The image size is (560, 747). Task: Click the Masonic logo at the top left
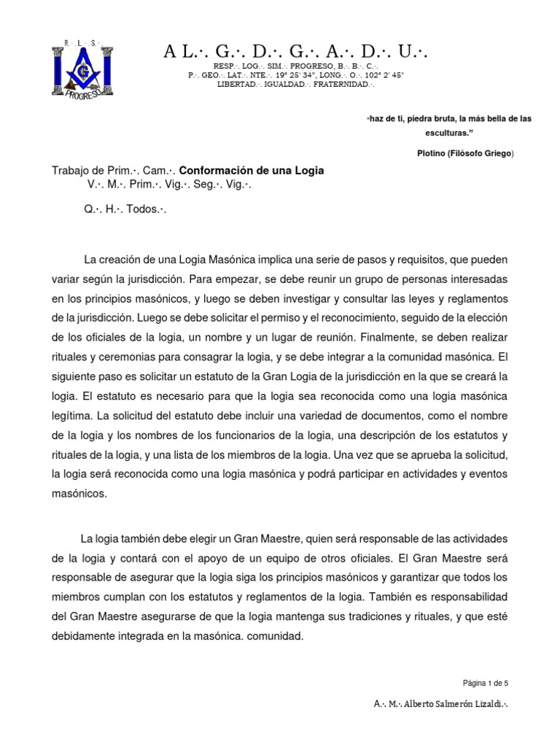[x=78, y=67]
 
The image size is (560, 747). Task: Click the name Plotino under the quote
[x=433, y=153]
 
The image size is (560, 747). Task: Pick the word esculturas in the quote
[x=448, y=133]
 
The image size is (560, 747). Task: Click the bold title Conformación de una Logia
[x=252, y=170]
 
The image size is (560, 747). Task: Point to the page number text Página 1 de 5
[x=486, y=683]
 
